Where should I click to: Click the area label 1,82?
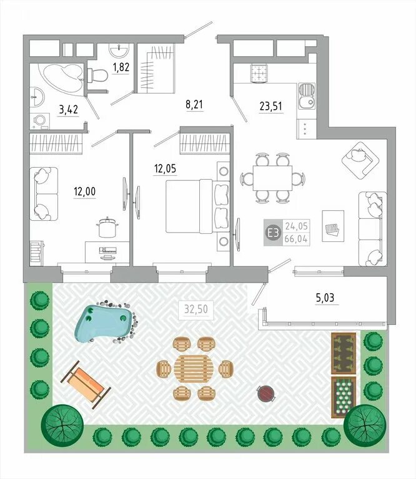click(x=121, y=67)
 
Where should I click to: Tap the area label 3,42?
click(x=69, y=109)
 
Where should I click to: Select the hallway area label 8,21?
click(x=194, y=105)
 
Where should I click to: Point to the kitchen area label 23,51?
click(x=270, y=106)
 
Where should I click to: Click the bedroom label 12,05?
click(x=165, y=168)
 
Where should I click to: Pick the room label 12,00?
click(x=84, y=191)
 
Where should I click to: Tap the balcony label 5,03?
click(x=325, y=298)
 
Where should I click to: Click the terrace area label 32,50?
click(x=196, y=309)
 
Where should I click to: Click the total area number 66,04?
click(x=296, y=239)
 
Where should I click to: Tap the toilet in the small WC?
click(x=97, y=75)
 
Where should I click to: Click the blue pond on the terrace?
click(x=104, y=323)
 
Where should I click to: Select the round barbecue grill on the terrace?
click(x=265, y=393)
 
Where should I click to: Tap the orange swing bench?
click(x=86, y=384)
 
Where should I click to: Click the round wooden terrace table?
click(x=194, y=369)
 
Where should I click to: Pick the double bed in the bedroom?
click(x=198, y=206)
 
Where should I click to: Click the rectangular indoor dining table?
click(x=272, y=178)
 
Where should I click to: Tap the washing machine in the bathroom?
click(x=40, y=121)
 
